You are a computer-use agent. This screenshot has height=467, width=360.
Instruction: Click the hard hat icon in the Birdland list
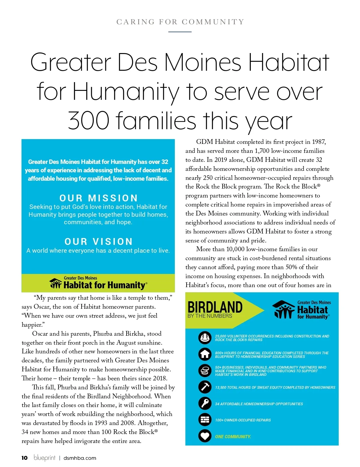pos(205,338)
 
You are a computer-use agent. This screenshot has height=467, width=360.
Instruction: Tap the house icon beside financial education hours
pos(205,354)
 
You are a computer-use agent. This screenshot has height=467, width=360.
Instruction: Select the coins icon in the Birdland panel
pos(205,371)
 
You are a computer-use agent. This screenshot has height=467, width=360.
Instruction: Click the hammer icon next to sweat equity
pos(205,387)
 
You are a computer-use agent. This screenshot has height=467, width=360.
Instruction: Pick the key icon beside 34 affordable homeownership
pos(205,403)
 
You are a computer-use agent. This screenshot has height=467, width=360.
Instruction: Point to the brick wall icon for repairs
pos(205,420)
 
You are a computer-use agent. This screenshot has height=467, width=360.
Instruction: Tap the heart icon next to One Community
pos(205,436)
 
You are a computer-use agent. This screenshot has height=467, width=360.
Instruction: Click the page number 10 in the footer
pos(24,458)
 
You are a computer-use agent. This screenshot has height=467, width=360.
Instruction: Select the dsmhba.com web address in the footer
pos(80,458)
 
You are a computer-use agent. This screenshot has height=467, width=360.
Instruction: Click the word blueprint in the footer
pos(44,458)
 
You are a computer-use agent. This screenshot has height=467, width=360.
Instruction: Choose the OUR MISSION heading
pos(98,198)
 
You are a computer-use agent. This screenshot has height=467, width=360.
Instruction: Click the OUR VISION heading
pos(98,242)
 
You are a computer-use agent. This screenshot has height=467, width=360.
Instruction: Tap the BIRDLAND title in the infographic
pos(215,307)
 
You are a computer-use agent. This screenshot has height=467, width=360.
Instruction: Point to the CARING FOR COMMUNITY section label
pos(180,22)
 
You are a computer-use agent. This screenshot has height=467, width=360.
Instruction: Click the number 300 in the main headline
pos(88,121)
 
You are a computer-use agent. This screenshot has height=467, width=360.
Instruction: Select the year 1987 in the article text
pos(319,142)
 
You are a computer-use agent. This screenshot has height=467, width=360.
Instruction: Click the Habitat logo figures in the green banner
pos(55,283)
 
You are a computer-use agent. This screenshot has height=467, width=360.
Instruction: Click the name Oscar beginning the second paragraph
pos(40,334)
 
